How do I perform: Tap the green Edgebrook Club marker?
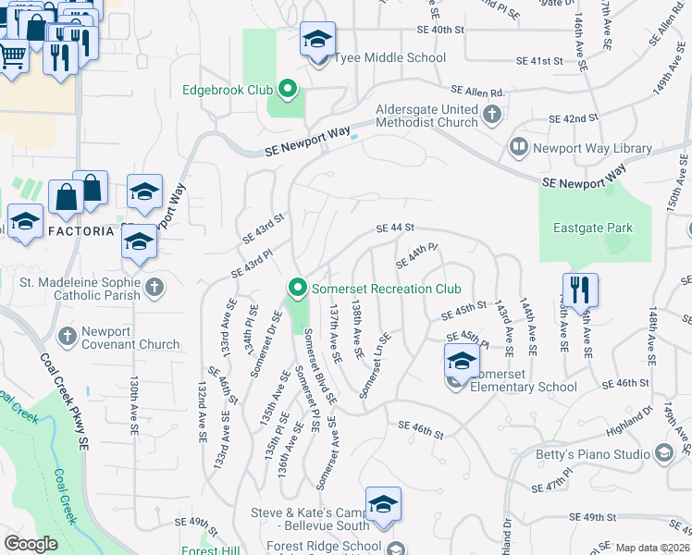coord(288,91)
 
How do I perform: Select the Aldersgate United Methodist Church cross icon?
coord(492,115)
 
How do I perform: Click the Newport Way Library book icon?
coord(518,148)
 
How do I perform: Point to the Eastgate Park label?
coord(593,227)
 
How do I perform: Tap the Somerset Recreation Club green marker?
coord(297,289)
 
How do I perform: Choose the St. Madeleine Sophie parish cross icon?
coord(154,288)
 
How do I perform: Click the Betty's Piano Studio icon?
coord(663,453)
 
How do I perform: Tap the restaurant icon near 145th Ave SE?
coord(580,289)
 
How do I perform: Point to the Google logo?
coord(31,544)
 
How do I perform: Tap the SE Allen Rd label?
coord(477,92)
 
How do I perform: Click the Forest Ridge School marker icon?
coord(396,548)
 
